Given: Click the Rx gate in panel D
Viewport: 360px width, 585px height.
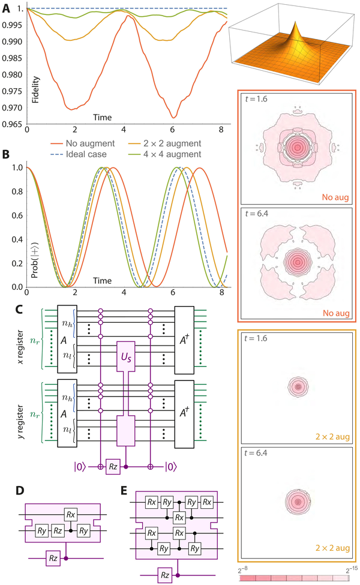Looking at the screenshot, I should pos(71,514).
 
